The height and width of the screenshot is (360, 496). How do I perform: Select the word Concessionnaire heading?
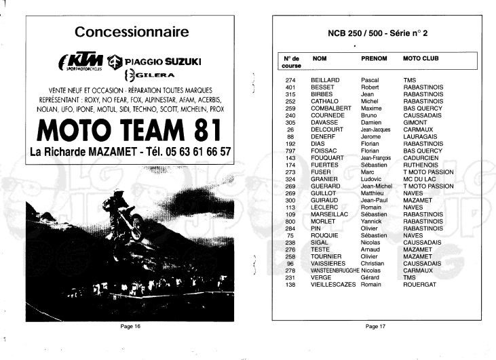132,32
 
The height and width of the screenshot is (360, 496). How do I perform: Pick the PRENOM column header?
374,59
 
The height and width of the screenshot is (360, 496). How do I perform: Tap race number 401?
290,87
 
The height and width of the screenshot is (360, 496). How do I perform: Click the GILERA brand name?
155,76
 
